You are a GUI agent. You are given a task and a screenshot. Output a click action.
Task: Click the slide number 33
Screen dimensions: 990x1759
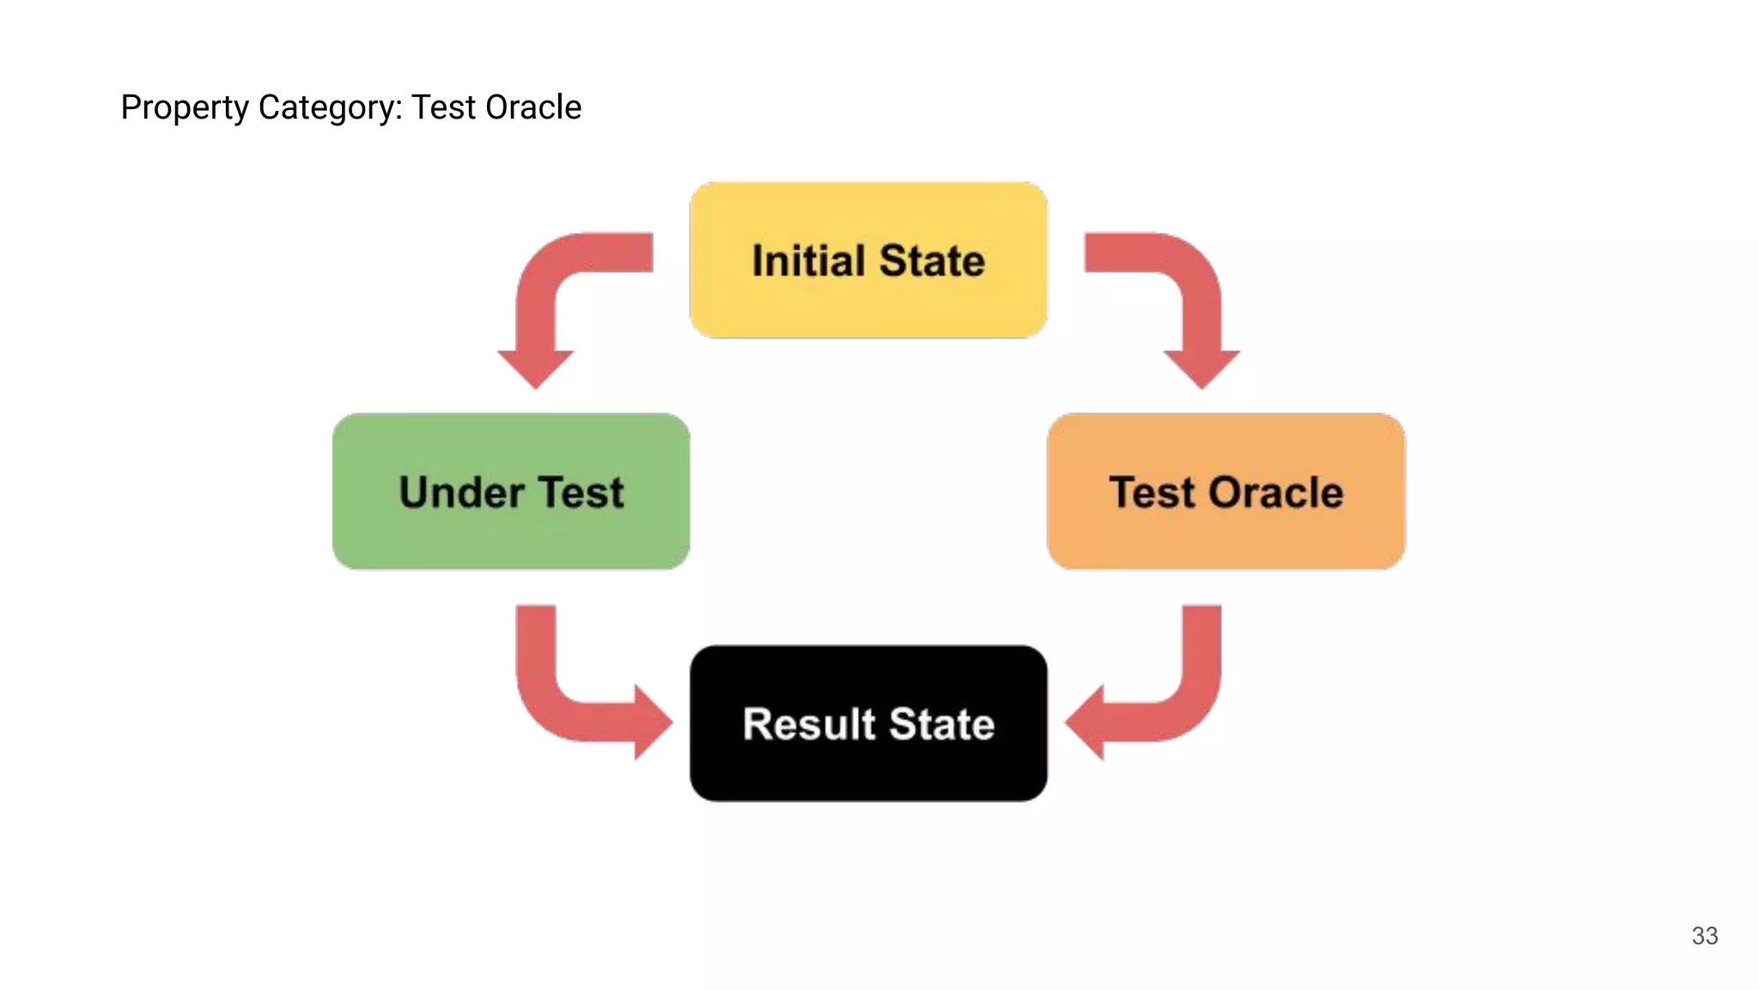click(1704, 936)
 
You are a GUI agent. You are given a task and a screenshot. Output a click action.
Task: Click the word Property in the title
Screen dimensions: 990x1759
click(184, 108)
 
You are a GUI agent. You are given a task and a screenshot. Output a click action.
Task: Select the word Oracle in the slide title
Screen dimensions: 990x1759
click(533, 107)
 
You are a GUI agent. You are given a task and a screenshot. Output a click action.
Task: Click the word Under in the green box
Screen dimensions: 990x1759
click(462, 492)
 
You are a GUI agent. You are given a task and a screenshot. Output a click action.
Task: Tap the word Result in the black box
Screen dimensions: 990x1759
click(809, 724)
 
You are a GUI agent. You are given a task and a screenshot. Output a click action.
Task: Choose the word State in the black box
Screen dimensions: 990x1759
click(942, 724)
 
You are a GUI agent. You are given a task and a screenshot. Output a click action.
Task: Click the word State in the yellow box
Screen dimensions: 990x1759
click(932, 260)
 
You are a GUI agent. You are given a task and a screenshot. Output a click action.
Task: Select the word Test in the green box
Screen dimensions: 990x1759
click(581, 492)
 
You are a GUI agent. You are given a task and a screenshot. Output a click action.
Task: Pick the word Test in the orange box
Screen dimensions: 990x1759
click(1152, 492)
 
